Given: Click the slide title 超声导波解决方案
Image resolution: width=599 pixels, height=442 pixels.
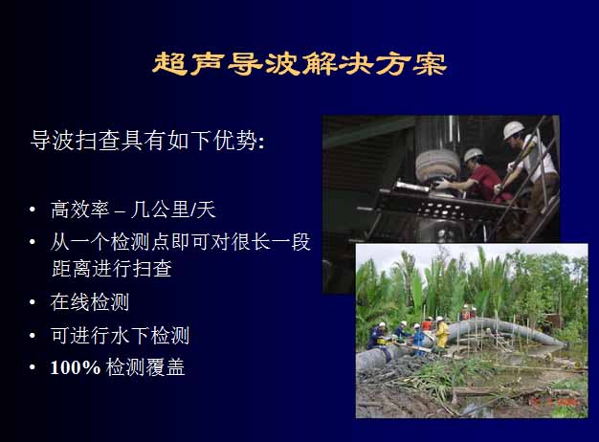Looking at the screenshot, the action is pos(299,63).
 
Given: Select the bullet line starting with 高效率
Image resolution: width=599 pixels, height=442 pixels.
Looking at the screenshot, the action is pos(133,210).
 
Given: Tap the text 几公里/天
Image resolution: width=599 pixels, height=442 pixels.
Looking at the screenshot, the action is pos(173,210).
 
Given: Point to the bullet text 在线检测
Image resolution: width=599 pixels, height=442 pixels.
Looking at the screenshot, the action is pos(90,302).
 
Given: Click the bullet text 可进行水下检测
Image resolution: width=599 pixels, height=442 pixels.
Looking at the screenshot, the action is pos(120,336).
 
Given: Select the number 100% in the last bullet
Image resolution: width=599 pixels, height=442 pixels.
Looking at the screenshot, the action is pos(76,367).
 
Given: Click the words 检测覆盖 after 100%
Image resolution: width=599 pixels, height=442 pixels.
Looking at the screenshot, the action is pos(145,367).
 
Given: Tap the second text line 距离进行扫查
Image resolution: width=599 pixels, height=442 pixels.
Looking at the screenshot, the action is pos(112,269).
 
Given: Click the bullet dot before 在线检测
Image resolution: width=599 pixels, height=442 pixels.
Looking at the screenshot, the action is pos(33,302).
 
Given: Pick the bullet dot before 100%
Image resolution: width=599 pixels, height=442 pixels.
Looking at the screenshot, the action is pos(33,367).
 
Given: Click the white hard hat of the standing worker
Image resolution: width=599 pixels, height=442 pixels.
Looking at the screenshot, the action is pos(513,130).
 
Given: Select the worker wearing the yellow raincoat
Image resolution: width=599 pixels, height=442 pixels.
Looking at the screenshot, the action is pos(442,333).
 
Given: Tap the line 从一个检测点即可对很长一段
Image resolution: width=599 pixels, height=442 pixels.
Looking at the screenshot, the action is pos(181,242).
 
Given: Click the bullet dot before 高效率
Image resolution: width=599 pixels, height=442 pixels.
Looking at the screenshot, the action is pos(33,210).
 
